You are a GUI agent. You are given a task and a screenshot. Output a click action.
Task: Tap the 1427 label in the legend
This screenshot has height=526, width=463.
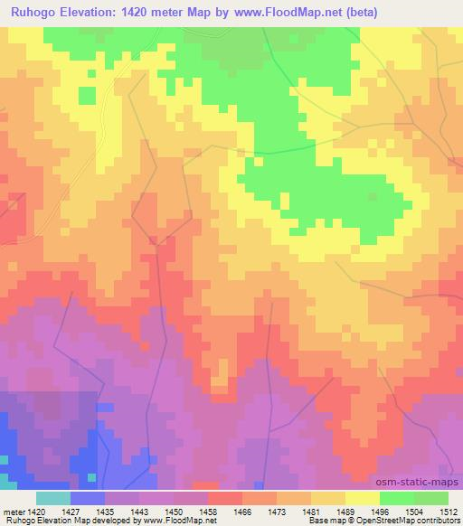point(71,510)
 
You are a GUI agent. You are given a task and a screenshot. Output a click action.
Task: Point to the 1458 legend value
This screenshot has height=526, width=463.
point(207,510)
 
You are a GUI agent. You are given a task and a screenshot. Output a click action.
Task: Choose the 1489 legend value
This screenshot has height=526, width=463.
point(345,510)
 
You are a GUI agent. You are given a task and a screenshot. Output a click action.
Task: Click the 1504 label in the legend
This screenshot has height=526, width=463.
point(413,510)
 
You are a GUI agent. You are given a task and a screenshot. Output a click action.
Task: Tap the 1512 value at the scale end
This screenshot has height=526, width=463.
point(447,510)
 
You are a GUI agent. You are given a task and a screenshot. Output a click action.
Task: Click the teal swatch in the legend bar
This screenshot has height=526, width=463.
point(53,498)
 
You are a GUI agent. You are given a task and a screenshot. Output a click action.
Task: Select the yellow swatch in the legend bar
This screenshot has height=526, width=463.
point(362,498)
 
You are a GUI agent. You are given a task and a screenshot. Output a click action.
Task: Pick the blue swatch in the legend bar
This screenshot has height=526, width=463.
point(88,498)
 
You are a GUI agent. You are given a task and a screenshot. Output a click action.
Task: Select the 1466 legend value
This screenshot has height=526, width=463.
point(241,510)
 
